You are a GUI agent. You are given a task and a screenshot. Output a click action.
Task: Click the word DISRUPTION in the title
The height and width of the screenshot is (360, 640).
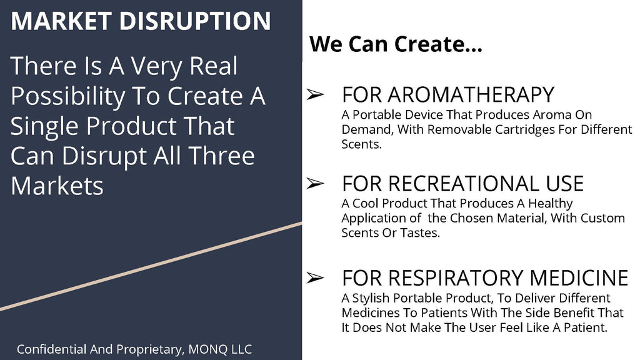coord(195,21)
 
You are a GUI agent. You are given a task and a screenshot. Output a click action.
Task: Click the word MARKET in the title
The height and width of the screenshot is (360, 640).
coord(61,21)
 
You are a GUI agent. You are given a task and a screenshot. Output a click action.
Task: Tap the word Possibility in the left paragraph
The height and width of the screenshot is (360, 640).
coord(67,97)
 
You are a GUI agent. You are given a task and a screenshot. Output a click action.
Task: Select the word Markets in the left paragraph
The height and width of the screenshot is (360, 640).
coord(57,186)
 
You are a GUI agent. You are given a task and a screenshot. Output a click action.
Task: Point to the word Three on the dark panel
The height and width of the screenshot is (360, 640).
coord(221,156)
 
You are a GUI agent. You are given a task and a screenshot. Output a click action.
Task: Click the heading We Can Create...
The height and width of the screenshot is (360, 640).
coord(396,44)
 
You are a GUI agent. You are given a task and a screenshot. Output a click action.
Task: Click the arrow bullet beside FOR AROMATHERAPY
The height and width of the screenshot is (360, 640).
coord(316,95)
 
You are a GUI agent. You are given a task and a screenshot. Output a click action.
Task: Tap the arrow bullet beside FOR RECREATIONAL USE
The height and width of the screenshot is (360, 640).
coord(316,183)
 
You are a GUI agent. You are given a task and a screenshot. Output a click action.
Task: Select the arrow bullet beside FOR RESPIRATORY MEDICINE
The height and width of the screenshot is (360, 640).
coord(316,278)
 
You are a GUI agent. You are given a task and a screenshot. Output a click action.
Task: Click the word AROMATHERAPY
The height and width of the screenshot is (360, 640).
coord(471,95)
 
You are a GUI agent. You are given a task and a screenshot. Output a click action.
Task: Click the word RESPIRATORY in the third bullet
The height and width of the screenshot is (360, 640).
coord(456,278)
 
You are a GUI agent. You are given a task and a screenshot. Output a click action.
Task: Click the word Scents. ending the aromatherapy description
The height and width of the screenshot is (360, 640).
coord(362,144)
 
